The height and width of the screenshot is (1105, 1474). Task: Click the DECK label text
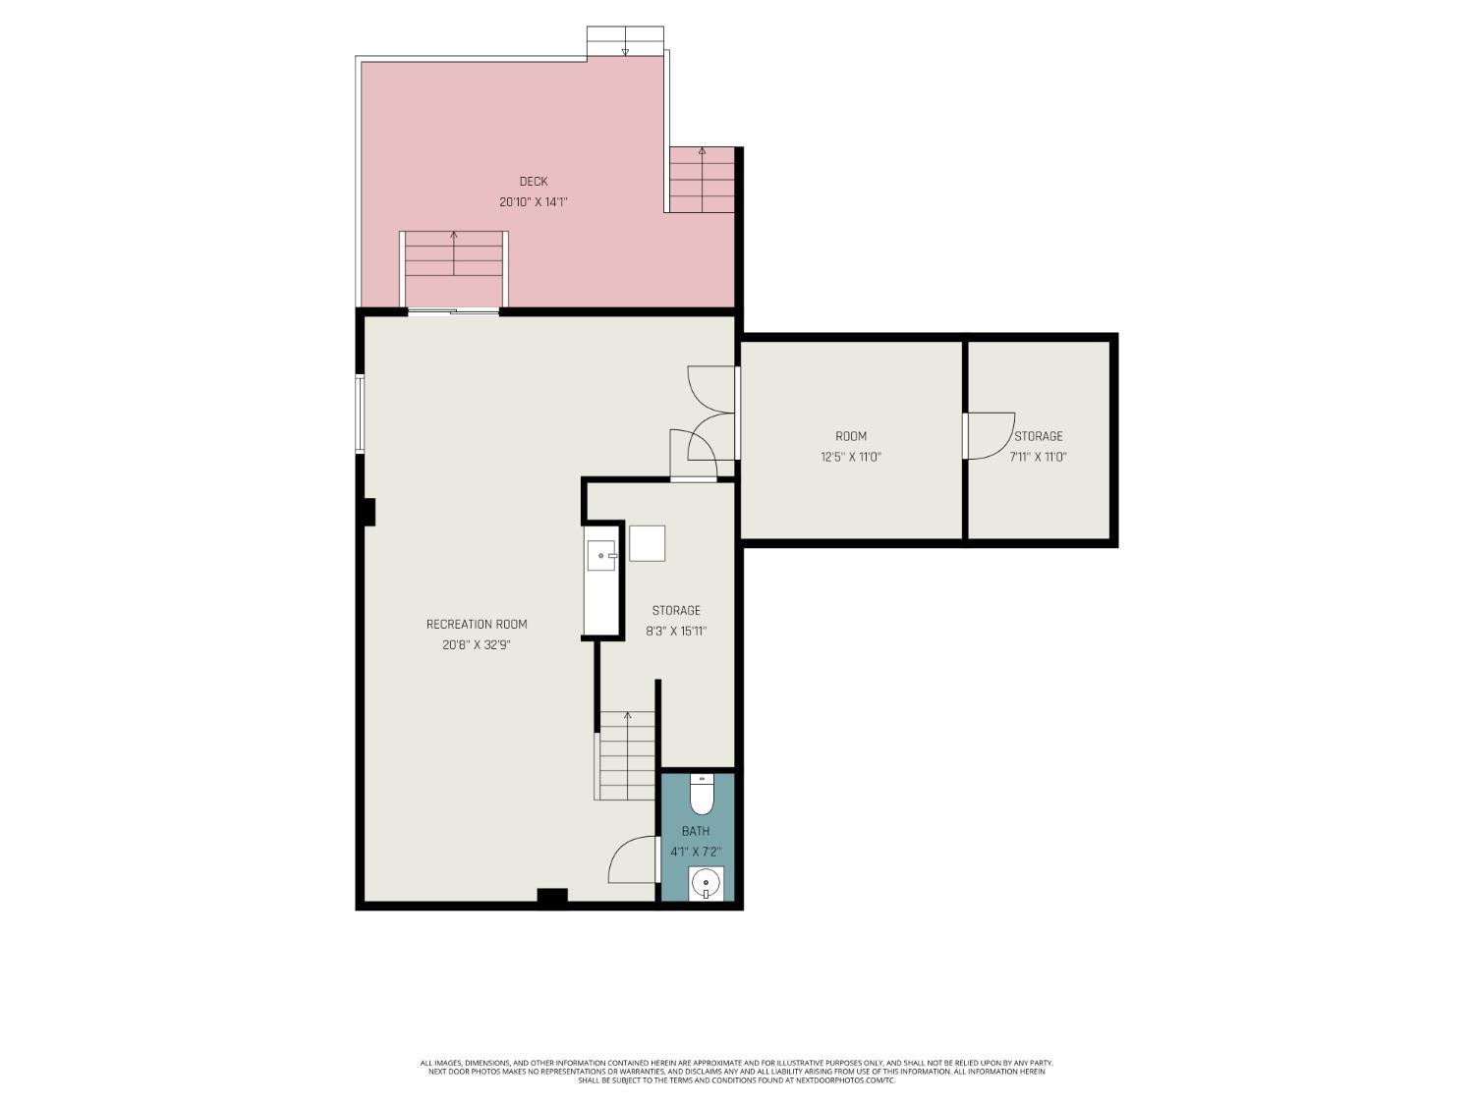point(534,182)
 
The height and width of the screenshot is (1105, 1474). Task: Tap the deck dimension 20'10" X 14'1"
point(534,202)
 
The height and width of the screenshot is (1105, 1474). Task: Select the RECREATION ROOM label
point(477,625)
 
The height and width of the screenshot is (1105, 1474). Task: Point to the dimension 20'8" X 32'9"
point(477,645)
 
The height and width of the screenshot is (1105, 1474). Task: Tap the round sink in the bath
point(706,884)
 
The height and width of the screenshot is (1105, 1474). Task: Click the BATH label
point(696,831)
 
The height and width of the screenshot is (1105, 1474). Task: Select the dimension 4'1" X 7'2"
point(696,852)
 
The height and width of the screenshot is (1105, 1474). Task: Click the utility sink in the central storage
point(600,556)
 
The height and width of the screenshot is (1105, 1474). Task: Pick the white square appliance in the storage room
point(647,543)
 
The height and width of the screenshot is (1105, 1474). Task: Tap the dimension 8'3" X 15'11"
point(676,632)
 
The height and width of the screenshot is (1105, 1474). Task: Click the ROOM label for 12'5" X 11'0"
point(851,436)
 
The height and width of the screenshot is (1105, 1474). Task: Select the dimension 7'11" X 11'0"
point(1038,457)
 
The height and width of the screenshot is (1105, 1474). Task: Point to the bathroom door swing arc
point(633,859)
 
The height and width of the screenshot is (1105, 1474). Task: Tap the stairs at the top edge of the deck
point(625,41)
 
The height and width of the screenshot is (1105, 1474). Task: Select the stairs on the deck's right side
point(702,179)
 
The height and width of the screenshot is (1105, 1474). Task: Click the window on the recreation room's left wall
point(361,414)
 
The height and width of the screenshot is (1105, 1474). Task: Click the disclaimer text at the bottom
point(736,1071)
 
